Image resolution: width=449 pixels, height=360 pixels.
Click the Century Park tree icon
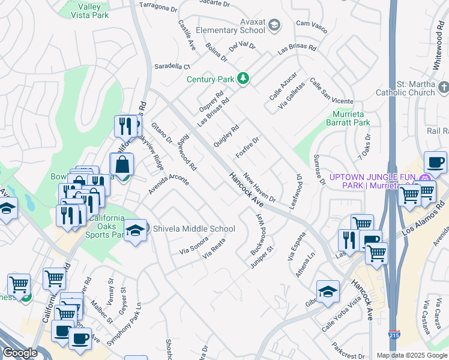(243, 79)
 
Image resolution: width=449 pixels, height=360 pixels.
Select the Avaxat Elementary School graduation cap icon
(274, 25)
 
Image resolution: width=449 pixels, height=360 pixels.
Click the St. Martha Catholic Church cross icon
(444, 88)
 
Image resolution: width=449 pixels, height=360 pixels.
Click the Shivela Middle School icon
(135, 230)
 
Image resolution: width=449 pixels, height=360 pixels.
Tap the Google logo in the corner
(20, 352)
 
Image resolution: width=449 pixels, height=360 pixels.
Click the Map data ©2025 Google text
(412, 355)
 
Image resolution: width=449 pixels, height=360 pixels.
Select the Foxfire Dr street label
(247, 148)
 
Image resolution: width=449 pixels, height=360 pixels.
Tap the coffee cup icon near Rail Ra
(435, 162)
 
